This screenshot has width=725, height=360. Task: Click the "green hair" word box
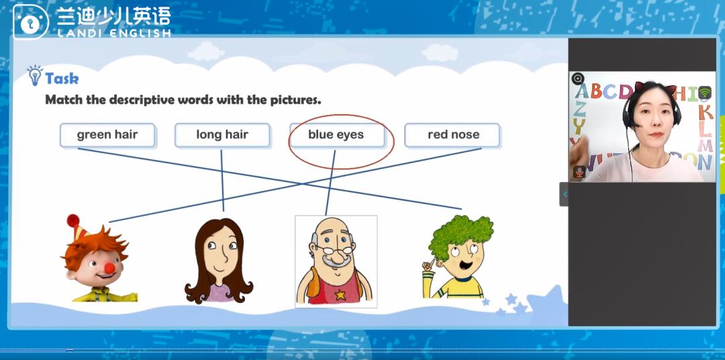point(107,135)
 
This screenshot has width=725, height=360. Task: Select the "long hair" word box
point(222,135)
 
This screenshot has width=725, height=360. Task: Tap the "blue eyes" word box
point(336,135)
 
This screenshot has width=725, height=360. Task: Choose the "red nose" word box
point(452,135)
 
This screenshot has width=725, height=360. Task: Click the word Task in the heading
point(62,79)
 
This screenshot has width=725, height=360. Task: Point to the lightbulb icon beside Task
point(35,75)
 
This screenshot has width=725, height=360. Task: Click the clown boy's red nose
point(109,268)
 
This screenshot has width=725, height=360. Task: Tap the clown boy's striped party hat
point(77,226)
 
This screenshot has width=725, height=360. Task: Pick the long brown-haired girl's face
point(221,251)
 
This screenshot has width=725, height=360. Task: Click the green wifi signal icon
point(705,93)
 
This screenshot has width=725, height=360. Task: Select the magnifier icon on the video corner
point(577,79)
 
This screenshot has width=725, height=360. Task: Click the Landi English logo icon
point(30,21)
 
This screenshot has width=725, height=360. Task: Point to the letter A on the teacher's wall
point(582,92)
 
